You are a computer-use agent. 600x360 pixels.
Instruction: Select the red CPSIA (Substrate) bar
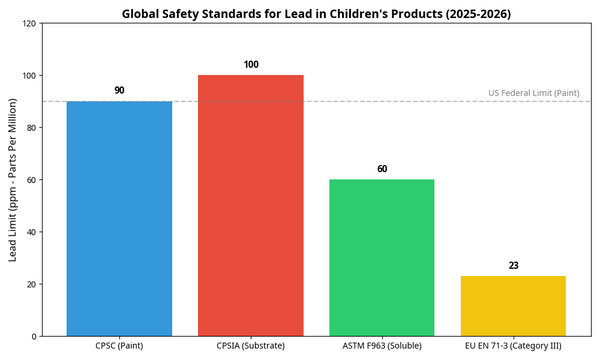click(251, 205)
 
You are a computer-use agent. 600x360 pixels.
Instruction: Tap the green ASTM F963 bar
click(382, 257)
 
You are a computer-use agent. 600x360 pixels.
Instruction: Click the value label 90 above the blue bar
click(119, 91)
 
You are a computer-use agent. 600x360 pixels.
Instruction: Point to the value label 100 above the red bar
click(251, 65)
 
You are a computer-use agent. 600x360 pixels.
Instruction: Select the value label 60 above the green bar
click(382, 169)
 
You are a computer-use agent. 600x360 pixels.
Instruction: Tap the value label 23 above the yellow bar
click(513, 266)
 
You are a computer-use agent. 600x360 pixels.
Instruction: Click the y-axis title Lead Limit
click(13, 180)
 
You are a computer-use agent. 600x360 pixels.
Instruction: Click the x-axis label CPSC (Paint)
click(119, 346)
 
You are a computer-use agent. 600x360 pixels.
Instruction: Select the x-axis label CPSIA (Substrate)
click(251, 346)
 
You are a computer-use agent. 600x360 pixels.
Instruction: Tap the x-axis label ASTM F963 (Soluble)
click(382, 346)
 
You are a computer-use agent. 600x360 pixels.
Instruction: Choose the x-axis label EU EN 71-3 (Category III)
click(513, 346)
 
